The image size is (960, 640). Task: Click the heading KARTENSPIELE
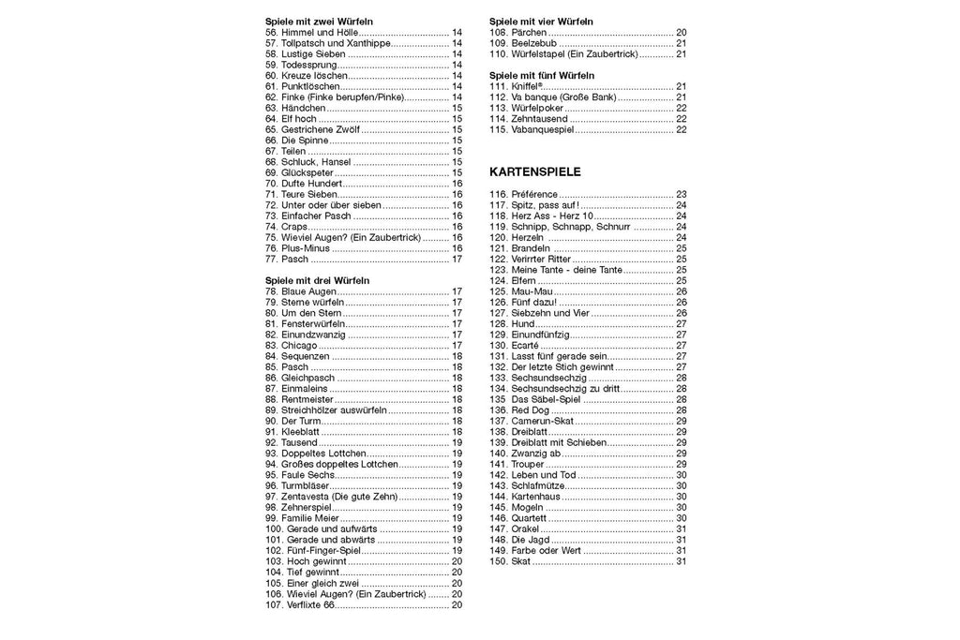(535, 172)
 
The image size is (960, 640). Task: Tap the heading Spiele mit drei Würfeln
(318, 280)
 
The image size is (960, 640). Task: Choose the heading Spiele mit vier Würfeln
(541, 21)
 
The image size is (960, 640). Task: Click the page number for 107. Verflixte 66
(457, 604)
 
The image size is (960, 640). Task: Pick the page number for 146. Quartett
(682, 518)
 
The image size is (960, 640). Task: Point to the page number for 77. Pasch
(457, 259)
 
